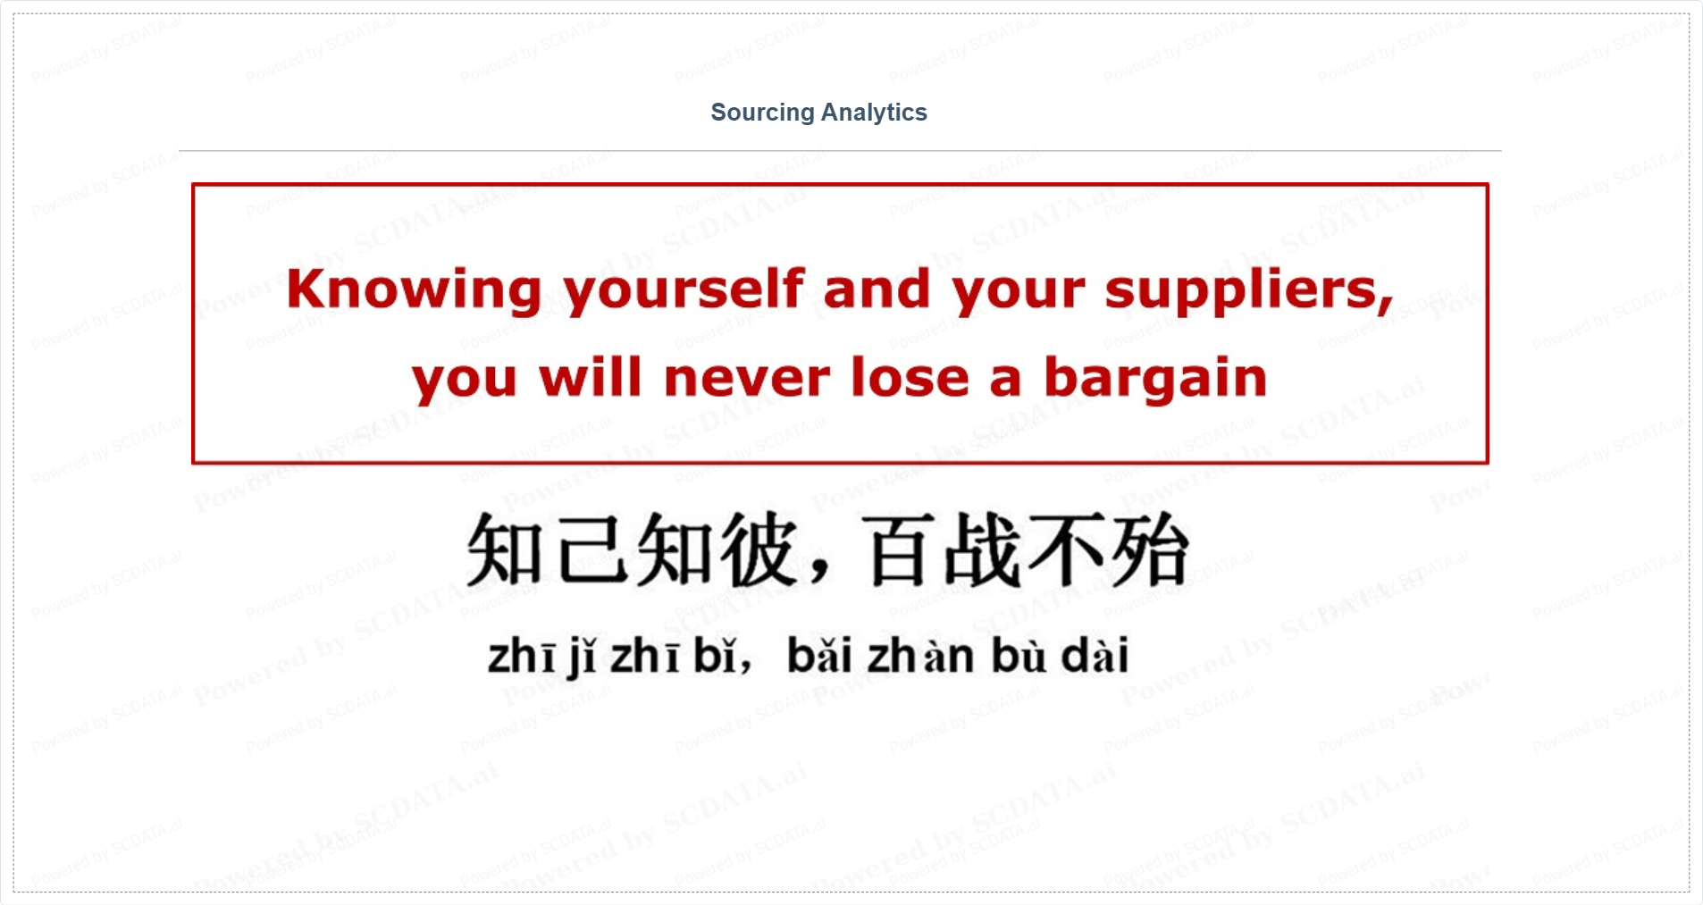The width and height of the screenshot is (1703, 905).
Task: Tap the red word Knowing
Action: click(415, 290)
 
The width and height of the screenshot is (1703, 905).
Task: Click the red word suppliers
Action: click(1249, 290)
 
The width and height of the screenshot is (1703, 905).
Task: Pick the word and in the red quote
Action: click(877, 289)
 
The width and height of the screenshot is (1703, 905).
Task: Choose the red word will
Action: click(591, 376)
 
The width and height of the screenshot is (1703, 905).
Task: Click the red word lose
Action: click(910, 376)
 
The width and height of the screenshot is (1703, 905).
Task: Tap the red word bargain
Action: click(1156, 378)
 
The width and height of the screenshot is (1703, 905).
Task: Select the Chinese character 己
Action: click(594, 549)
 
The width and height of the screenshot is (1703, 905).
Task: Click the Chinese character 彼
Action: click(760, 549)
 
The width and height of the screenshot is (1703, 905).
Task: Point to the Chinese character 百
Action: click(902, 549)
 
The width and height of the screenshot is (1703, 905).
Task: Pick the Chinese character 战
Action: click(984, 549)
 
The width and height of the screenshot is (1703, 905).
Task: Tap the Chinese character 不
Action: click(1066, 549)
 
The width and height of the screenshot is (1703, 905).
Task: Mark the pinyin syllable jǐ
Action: click(583, 658)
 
